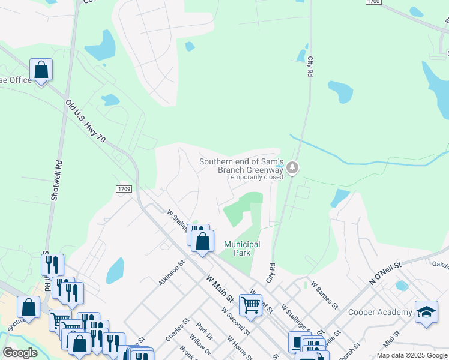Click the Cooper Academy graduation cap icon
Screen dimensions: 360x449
(x=426, y=312)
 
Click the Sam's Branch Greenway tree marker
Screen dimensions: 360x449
(x=292, y=167)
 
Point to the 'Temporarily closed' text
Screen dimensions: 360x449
(x=255, y=178)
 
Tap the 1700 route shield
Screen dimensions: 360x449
(x=372, y=3)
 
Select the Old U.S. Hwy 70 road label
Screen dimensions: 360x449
(x=86, y=122)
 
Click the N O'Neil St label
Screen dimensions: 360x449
(x=387, y=273)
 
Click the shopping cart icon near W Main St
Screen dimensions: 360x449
(x=250, y=305)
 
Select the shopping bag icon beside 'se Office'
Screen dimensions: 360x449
(x=41, y=70)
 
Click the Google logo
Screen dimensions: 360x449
(x=20, y=353)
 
